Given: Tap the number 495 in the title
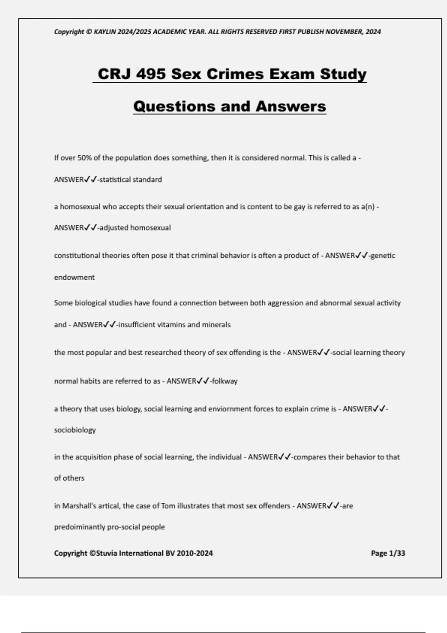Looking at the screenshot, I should [x=151, y=74].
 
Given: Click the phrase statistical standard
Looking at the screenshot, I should [x=130, y=180].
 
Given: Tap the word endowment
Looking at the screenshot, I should [x=74, y=277].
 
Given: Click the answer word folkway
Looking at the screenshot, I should [x=225, y=381].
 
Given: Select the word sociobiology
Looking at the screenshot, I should [x=75, y=430].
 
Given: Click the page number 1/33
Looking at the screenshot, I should [x=397, y=553].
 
